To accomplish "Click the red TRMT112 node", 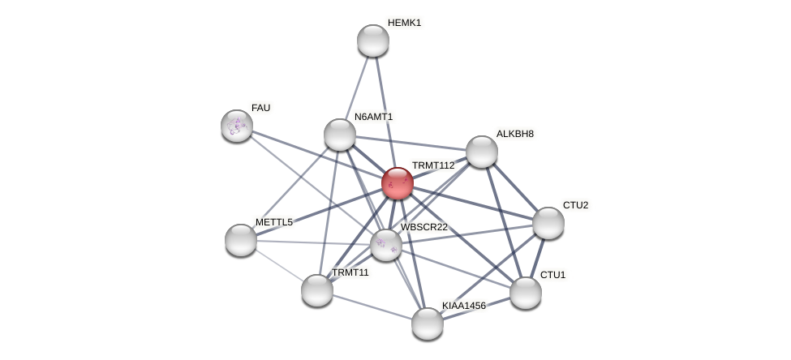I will (398, 183).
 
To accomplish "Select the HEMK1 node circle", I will (373, 41).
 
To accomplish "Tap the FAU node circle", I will (237, 126).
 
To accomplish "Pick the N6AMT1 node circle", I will (340, 135).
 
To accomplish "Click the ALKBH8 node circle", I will (482, 152).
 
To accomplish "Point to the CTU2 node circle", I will (548, 223).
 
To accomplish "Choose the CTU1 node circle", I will (526, 293).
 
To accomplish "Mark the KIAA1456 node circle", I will (428, 324).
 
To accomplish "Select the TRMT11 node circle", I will (317, 290).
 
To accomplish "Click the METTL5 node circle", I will (241, 240).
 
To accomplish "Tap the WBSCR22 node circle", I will (386, 245).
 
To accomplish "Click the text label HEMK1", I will (404, 23).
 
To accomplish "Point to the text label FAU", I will (260, 108).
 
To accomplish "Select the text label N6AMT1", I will (373, 117).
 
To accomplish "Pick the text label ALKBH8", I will (515, 134).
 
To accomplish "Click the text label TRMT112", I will (433, 165).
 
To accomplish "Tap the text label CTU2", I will (575, 205).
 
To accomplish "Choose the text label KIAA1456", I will (464, 306).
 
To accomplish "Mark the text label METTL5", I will (273, 222).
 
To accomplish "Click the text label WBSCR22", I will (423, 227).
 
